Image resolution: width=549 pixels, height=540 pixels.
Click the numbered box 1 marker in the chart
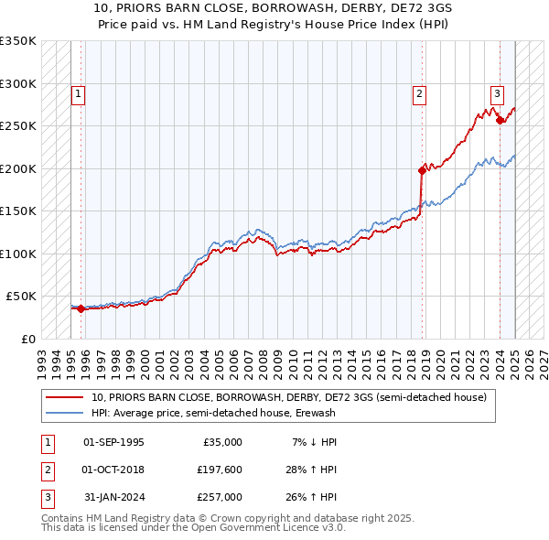click(78, 92)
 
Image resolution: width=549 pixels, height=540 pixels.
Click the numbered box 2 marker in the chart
click(419, 92)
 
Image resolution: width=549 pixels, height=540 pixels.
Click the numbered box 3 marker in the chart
click(497, 92)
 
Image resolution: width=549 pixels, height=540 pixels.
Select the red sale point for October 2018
click(422, 169)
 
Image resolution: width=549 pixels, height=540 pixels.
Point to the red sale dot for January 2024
click(500, 120)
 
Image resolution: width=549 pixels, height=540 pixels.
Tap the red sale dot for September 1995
click(81, 308)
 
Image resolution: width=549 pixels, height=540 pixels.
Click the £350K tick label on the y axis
click(18, 41)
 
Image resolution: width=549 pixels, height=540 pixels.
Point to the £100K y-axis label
click(18, 254)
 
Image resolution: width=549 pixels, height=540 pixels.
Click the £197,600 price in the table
click(220, 470)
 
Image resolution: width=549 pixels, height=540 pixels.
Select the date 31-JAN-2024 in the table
click(113, 497)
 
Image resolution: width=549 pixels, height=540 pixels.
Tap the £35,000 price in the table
click(222, 442)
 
